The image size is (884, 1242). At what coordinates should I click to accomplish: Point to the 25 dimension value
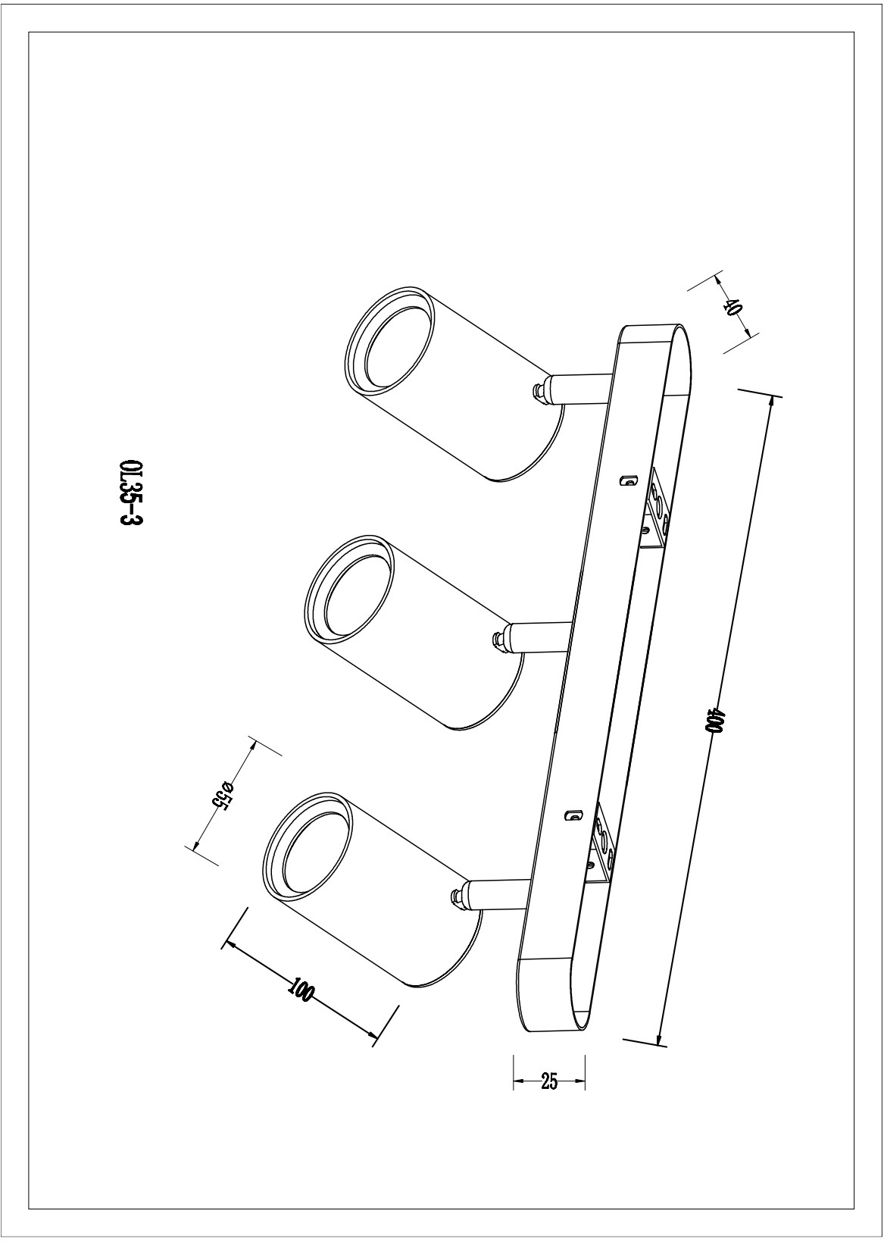click(549, 1081)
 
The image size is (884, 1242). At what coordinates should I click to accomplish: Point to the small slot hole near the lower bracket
click(573, 815)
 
